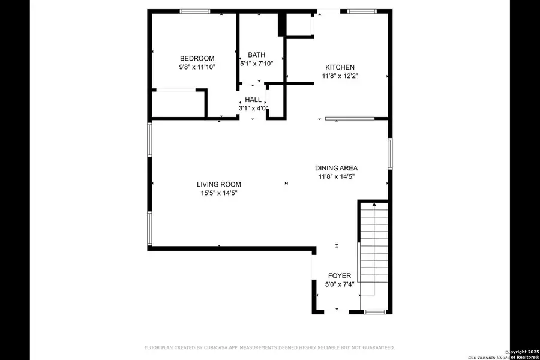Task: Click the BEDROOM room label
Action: [x=197, y=58]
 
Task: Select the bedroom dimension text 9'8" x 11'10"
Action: [x=197, y=67]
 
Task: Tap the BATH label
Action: [x=257, y=55]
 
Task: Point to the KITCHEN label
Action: [x=340, y=67]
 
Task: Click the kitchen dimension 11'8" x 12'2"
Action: [x=340, y=76]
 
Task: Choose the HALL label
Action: [x=253, y=100]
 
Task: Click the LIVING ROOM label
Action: [x=219, y=184]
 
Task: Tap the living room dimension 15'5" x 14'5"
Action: [x=219, y=193]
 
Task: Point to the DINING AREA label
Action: [x=337, y=168]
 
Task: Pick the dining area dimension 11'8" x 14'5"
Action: [x=337, y=177]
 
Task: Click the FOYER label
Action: [x=339, y=276]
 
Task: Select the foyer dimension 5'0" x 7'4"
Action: [x=339, y=284]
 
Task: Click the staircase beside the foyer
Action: [x=374, y=252]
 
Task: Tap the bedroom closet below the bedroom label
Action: [x=178, y=103]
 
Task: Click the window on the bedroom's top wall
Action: [x=196, y=11]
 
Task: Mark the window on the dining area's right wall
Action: [x=390, y=154]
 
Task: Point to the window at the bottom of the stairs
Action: [x=376, y=312]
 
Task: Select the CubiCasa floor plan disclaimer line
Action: [x=269, y=347]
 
